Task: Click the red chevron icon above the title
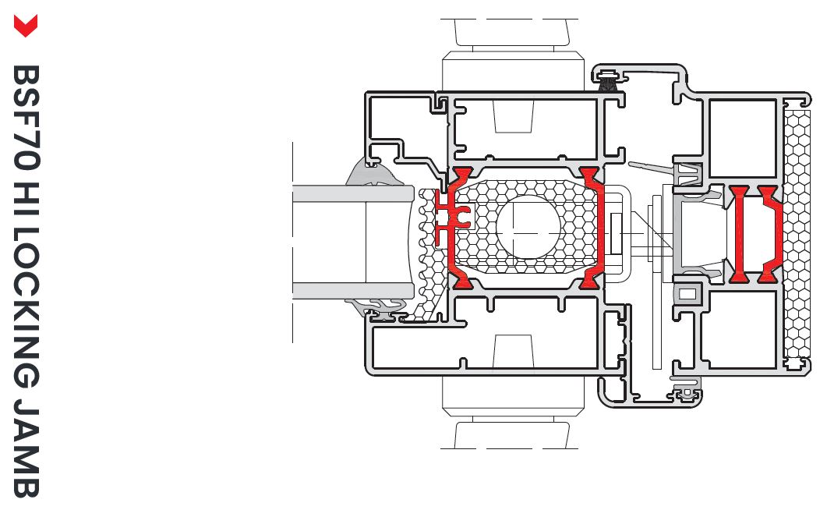[25, 26]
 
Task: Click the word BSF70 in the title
[25, 118]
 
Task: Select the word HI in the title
[25, 198]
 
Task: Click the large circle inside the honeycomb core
[528, 227]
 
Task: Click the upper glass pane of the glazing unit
[353, 193]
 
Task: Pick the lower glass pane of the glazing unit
[353, 291]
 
